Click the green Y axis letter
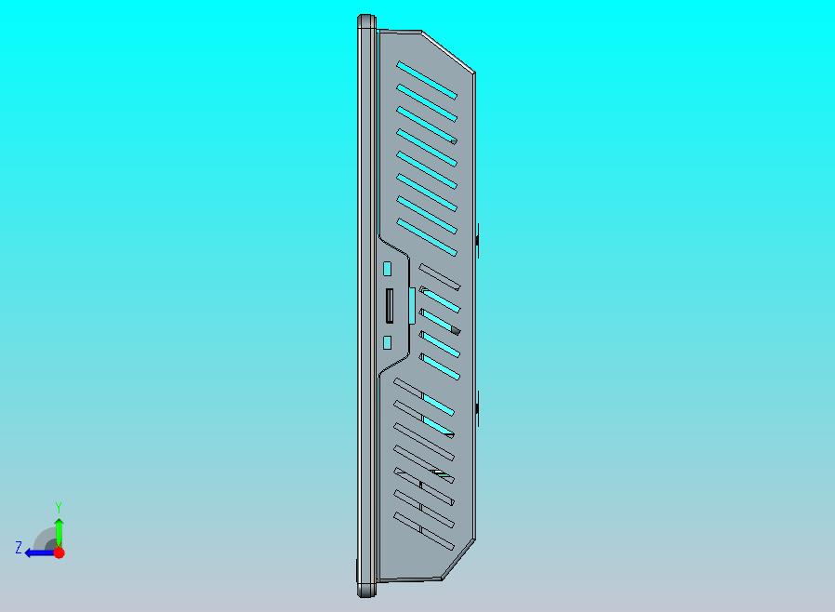[59, 507]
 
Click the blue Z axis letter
[19, 547]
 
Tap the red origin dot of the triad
[60, 552]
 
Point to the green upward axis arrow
[60, 532]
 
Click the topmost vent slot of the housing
[427, 80]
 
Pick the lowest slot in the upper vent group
[427, 237]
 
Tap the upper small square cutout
[387, 269]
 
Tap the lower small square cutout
[387, 342]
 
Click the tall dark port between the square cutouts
[390, 306]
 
